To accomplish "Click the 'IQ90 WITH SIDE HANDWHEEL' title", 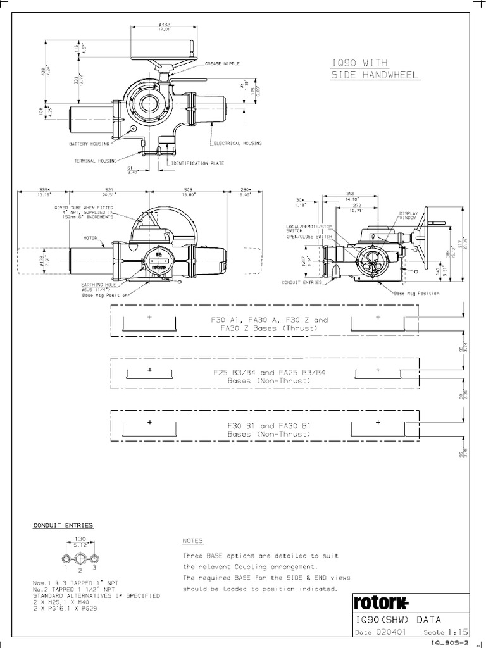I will (x=375, y=68).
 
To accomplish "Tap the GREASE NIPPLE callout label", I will (x=222, y=64).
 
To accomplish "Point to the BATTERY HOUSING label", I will (x=89, y=144).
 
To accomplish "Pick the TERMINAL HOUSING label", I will (x=96, y=161).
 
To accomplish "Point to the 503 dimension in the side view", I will (x=188, y=189).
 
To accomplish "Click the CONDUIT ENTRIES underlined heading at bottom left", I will (x=63, y=525).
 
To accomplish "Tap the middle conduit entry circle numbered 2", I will (x=80, y=558).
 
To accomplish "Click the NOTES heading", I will (x=192, y=542).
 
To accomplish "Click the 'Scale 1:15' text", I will (x=442, y=632).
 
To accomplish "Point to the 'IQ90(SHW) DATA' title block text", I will (x=398, y=620).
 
